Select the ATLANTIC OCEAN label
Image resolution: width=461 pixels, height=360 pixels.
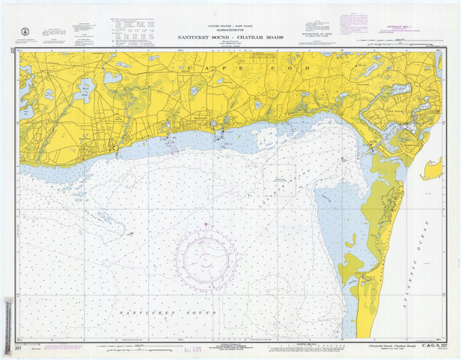[421, 253]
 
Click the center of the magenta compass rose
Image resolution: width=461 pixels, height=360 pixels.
[206, 254]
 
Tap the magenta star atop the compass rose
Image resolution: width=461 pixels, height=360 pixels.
[206, 224]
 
